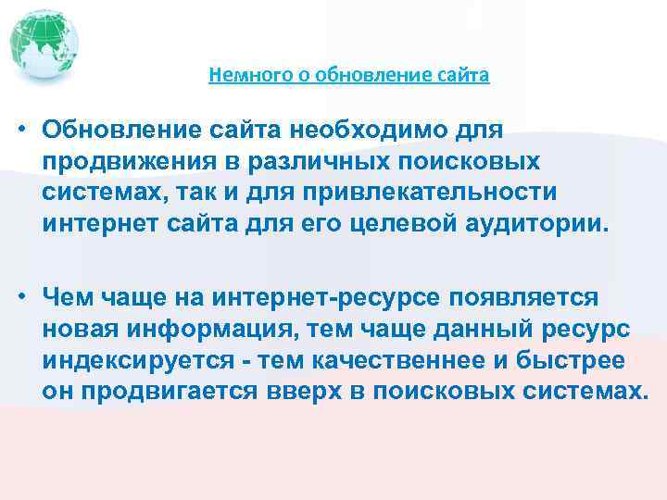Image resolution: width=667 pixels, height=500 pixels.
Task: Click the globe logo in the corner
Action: coord(44,44)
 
